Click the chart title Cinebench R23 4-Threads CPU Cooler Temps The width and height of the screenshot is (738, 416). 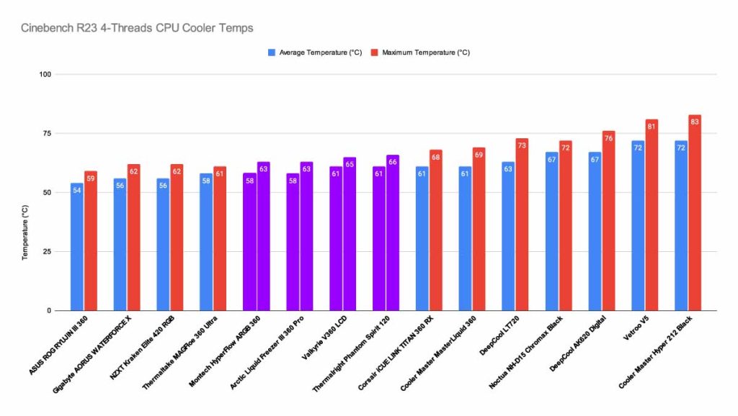coord(136,28)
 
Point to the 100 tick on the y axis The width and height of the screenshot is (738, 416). coord(45,74)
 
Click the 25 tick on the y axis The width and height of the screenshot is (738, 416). coord(48,252)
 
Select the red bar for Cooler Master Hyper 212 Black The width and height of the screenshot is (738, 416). coord(695,216)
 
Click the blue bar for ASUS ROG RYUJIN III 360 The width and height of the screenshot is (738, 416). coord(76,248)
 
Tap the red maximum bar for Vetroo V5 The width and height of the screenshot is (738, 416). coord(652,216)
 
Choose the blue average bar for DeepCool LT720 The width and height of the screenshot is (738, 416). coord(509,238)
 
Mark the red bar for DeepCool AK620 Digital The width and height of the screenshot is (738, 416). coord(608,223)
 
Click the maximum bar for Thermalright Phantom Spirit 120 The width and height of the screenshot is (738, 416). coord(393,234)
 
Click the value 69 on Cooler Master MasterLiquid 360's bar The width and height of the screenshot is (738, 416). coord(479,155)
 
